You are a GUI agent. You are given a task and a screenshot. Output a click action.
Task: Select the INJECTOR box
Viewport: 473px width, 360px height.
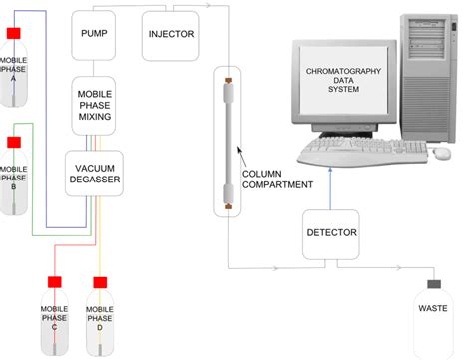(171, 32)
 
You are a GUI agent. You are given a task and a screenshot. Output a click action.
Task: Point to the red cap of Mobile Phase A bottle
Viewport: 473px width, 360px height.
(15, 34)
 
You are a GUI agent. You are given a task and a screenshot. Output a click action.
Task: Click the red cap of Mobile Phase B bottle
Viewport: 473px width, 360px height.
(15, 141)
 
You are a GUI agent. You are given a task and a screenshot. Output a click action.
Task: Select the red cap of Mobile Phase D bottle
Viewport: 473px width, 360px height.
(100, 283)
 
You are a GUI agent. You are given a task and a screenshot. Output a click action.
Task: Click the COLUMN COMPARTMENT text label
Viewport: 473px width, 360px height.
(278, 179)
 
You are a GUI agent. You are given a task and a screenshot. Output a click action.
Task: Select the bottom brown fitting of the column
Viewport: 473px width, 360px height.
(229, 206)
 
